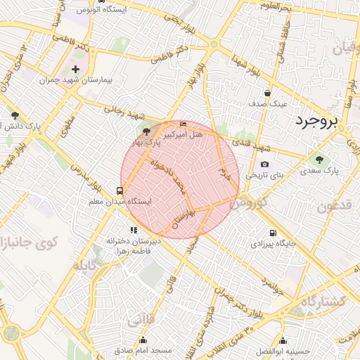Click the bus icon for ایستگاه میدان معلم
(120, 191)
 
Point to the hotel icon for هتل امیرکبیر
(184, 124)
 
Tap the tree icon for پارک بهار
(146, 131)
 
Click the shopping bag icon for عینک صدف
(268, 93)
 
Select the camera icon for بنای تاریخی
(264, 165)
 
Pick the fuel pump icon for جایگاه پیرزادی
(272, 233)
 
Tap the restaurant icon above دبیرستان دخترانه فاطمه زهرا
(133, 230)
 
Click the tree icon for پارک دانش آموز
(15, 115)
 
